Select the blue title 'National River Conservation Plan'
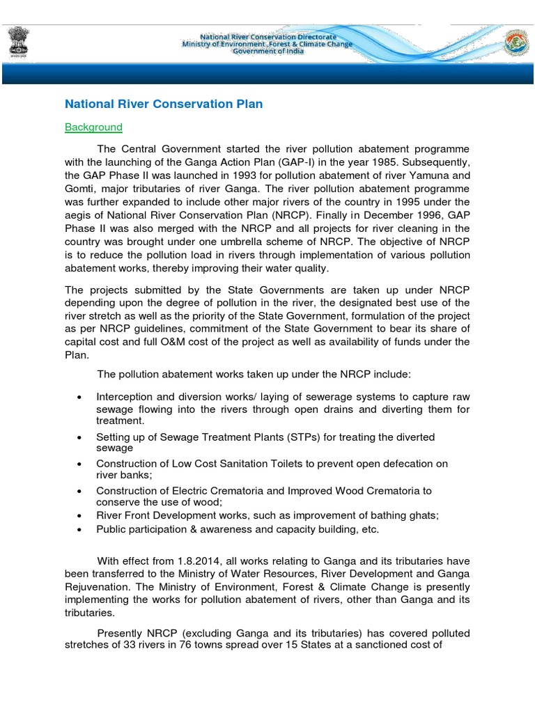[164, 104]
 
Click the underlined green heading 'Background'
[93, 127]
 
